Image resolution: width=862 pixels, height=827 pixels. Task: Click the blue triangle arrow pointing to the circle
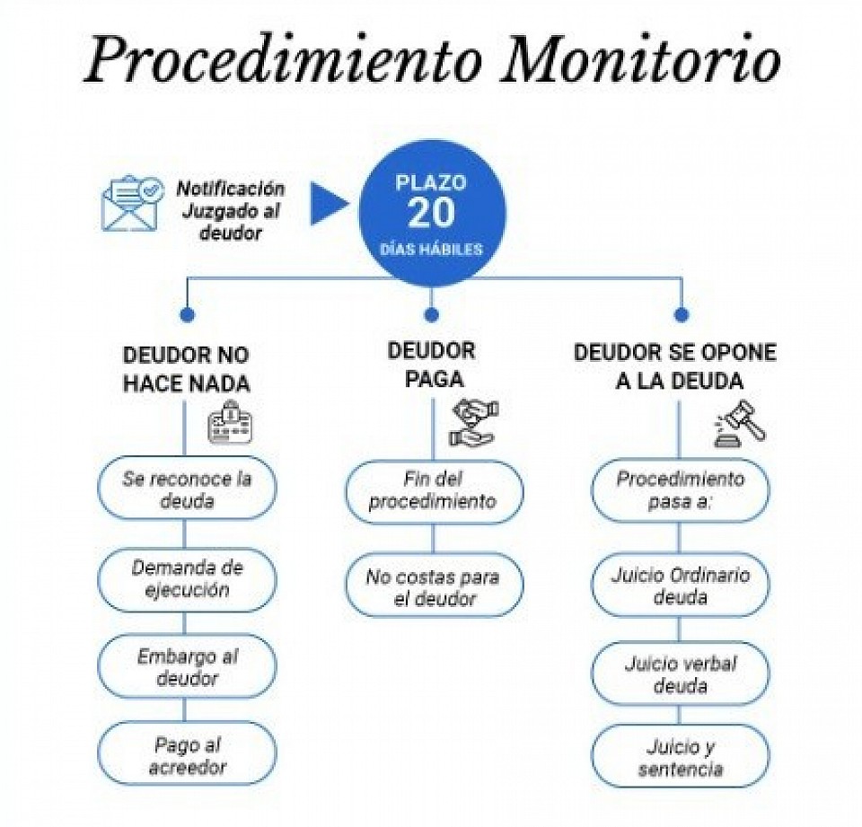(x=330, y=204)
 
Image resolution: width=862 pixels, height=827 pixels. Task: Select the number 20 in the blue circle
(x=432, y=214)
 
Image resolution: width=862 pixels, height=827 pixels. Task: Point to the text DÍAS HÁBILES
(x=432, y=249)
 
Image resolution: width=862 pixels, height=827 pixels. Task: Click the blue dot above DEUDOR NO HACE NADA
(x=188, y=314)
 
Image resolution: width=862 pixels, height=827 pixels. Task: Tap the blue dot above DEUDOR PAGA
(x=432, y=314)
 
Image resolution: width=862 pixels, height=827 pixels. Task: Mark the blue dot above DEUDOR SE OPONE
(x=682, y=314)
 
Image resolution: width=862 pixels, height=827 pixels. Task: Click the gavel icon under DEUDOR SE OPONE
(x=740, y=424)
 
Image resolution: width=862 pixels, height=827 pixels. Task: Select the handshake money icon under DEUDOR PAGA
(x=474, y=422)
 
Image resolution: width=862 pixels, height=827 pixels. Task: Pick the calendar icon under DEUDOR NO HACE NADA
(x=231, y=422)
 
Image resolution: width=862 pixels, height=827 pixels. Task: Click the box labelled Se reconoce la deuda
(x=187, y=488)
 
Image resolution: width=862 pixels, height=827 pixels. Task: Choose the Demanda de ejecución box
(x=187, y=579)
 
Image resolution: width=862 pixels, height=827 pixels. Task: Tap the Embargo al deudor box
(x=187, y=666)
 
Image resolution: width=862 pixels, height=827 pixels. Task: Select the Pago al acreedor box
(x=187, y=753)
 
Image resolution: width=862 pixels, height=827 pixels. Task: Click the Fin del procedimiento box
(x=434, y=491)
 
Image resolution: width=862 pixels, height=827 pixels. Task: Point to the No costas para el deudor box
(x=434, y=585)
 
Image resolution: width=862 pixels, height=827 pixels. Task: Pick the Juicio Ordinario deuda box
(x=681, y=585)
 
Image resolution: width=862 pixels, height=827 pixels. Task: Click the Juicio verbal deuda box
(x=681, y=674)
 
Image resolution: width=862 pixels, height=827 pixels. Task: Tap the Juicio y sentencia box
(x=681, y=757)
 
